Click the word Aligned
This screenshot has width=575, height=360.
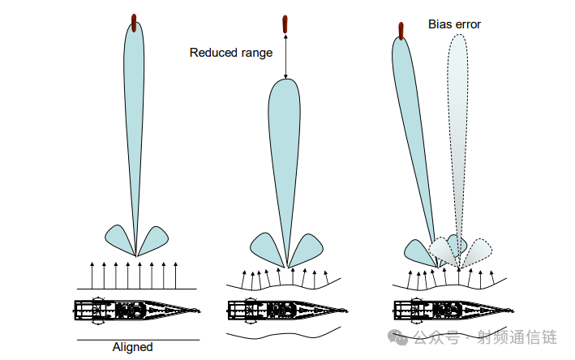[x=132, y=347]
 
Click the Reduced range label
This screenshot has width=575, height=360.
[x=231, y=53]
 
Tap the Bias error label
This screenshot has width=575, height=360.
[x=454, y=24]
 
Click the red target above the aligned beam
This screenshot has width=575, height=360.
[x=134, y=23]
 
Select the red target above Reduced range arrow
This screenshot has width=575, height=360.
[x=285, y=24]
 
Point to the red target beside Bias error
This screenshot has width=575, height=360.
[x=401, y=31]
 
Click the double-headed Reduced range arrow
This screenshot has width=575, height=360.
[x=285, y=57]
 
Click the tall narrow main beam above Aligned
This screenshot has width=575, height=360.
[x=134, y=135]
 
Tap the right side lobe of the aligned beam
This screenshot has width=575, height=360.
[x=154, y=239]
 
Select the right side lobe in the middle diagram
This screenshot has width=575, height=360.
[x=307, y=248]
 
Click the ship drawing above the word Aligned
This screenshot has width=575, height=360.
[x=137, y=311]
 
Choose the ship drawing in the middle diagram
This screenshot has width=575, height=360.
[x=287, y=311]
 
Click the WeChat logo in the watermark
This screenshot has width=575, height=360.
[x=398, y=337]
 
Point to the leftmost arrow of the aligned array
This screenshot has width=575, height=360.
[x=92, y=276]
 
